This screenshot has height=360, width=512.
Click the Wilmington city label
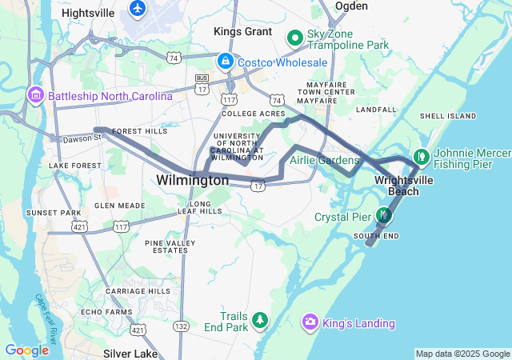[193, 181]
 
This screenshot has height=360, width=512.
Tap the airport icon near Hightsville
[138, 8]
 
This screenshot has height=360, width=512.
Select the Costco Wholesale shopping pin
[226, 62]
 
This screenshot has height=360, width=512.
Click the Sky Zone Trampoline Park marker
[294, 36]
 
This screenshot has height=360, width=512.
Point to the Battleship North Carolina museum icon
[35, 96]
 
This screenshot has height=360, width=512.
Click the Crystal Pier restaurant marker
[384, 216]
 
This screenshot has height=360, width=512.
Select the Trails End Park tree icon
[259, 321]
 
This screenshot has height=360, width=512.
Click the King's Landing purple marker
[310, 322]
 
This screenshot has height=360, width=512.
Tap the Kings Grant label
[238, 31]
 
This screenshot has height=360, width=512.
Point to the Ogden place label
[351, 6]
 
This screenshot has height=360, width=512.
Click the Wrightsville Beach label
[404, 186]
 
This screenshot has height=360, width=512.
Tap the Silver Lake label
[130, 352]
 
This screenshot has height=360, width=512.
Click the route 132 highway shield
[182, 326]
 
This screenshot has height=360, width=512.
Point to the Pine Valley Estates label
[170, 246]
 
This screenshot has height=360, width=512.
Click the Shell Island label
[442, 115]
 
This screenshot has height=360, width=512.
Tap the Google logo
[26, 350]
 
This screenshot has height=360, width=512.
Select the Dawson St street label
[80, 138]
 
